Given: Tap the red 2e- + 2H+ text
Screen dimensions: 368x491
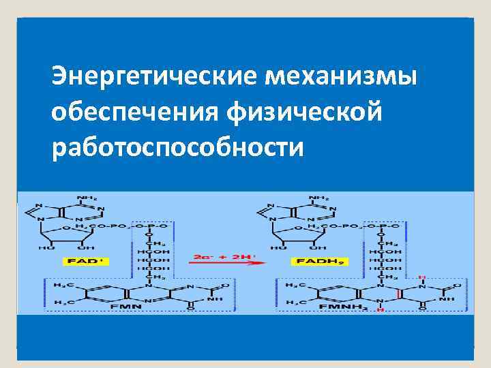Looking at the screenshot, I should point(224,257).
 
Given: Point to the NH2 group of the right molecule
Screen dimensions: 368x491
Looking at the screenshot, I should point(317,198).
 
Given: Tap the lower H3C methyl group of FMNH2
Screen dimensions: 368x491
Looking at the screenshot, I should point(294,301).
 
